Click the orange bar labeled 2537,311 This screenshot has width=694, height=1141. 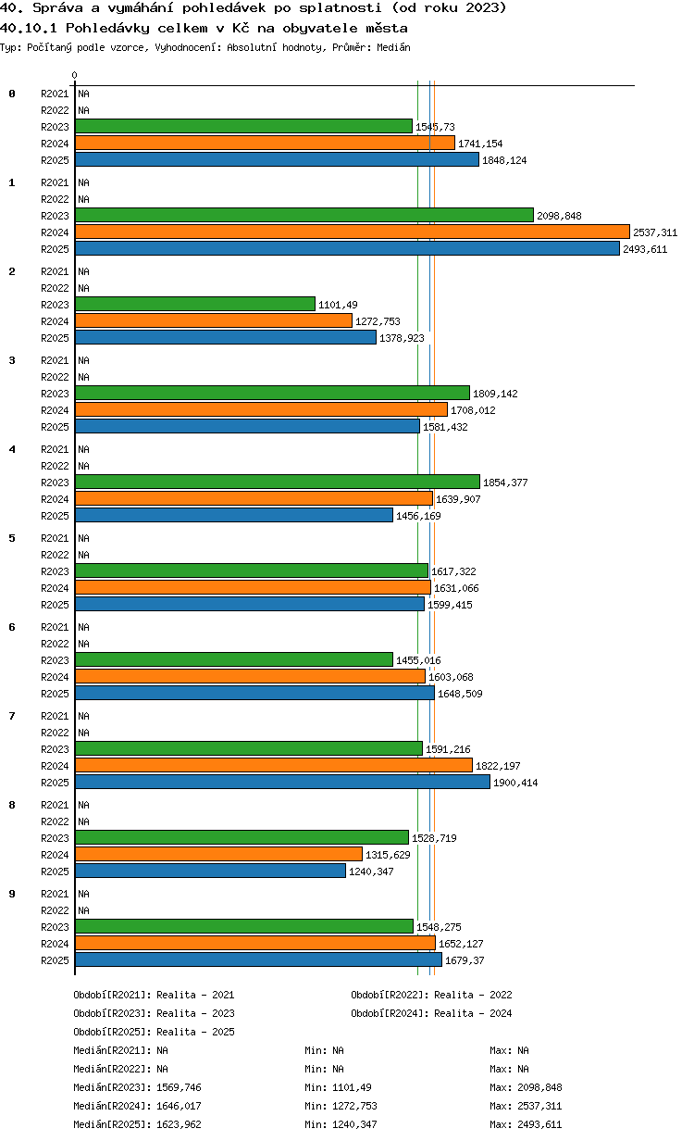[353, 232]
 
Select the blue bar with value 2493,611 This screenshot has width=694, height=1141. [348, 248]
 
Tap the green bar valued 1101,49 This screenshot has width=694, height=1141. [195, 304]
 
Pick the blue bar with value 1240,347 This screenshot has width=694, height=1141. [211, 871]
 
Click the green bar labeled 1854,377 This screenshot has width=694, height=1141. [278, 482]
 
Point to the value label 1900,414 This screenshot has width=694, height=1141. [515, 783]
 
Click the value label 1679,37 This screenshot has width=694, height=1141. [465, 960]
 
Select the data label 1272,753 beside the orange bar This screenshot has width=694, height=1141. [378, 321]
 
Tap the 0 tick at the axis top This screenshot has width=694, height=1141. [75, 75]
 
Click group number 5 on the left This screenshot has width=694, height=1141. [12, 538]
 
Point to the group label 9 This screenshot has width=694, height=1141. [12, 894]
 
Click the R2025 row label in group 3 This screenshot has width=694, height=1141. [55, 427]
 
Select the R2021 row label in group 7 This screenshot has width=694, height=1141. [55, 716]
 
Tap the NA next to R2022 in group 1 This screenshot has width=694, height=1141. [83, 199]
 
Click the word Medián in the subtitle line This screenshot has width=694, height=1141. [393, 47]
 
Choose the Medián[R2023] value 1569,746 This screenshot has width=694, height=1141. [179, 1087]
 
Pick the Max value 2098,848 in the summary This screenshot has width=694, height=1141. [539, 1087]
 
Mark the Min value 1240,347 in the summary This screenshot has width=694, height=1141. [354, 1124]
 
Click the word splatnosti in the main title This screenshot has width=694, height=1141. [340, 8]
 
